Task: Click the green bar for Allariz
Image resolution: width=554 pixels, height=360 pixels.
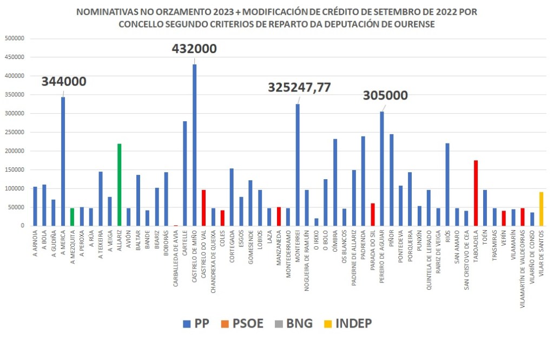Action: [119, 185]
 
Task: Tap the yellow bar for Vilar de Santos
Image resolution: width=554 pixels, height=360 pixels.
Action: [541, 209]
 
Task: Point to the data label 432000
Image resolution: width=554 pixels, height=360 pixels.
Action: [194, 49]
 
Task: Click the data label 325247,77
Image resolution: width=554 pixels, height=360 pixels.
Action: [299, 88]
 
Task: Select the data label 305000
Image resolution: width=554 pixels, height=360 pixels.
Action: [385, 95]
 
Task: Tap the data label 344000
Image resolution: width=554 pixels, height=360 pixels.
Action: [64, 82]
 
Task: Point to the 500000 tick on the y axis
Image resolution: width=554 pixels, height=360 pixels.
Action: [15, 38]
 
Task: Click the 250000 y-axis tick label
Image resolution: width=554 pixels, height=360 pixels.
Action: [15, 132]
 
